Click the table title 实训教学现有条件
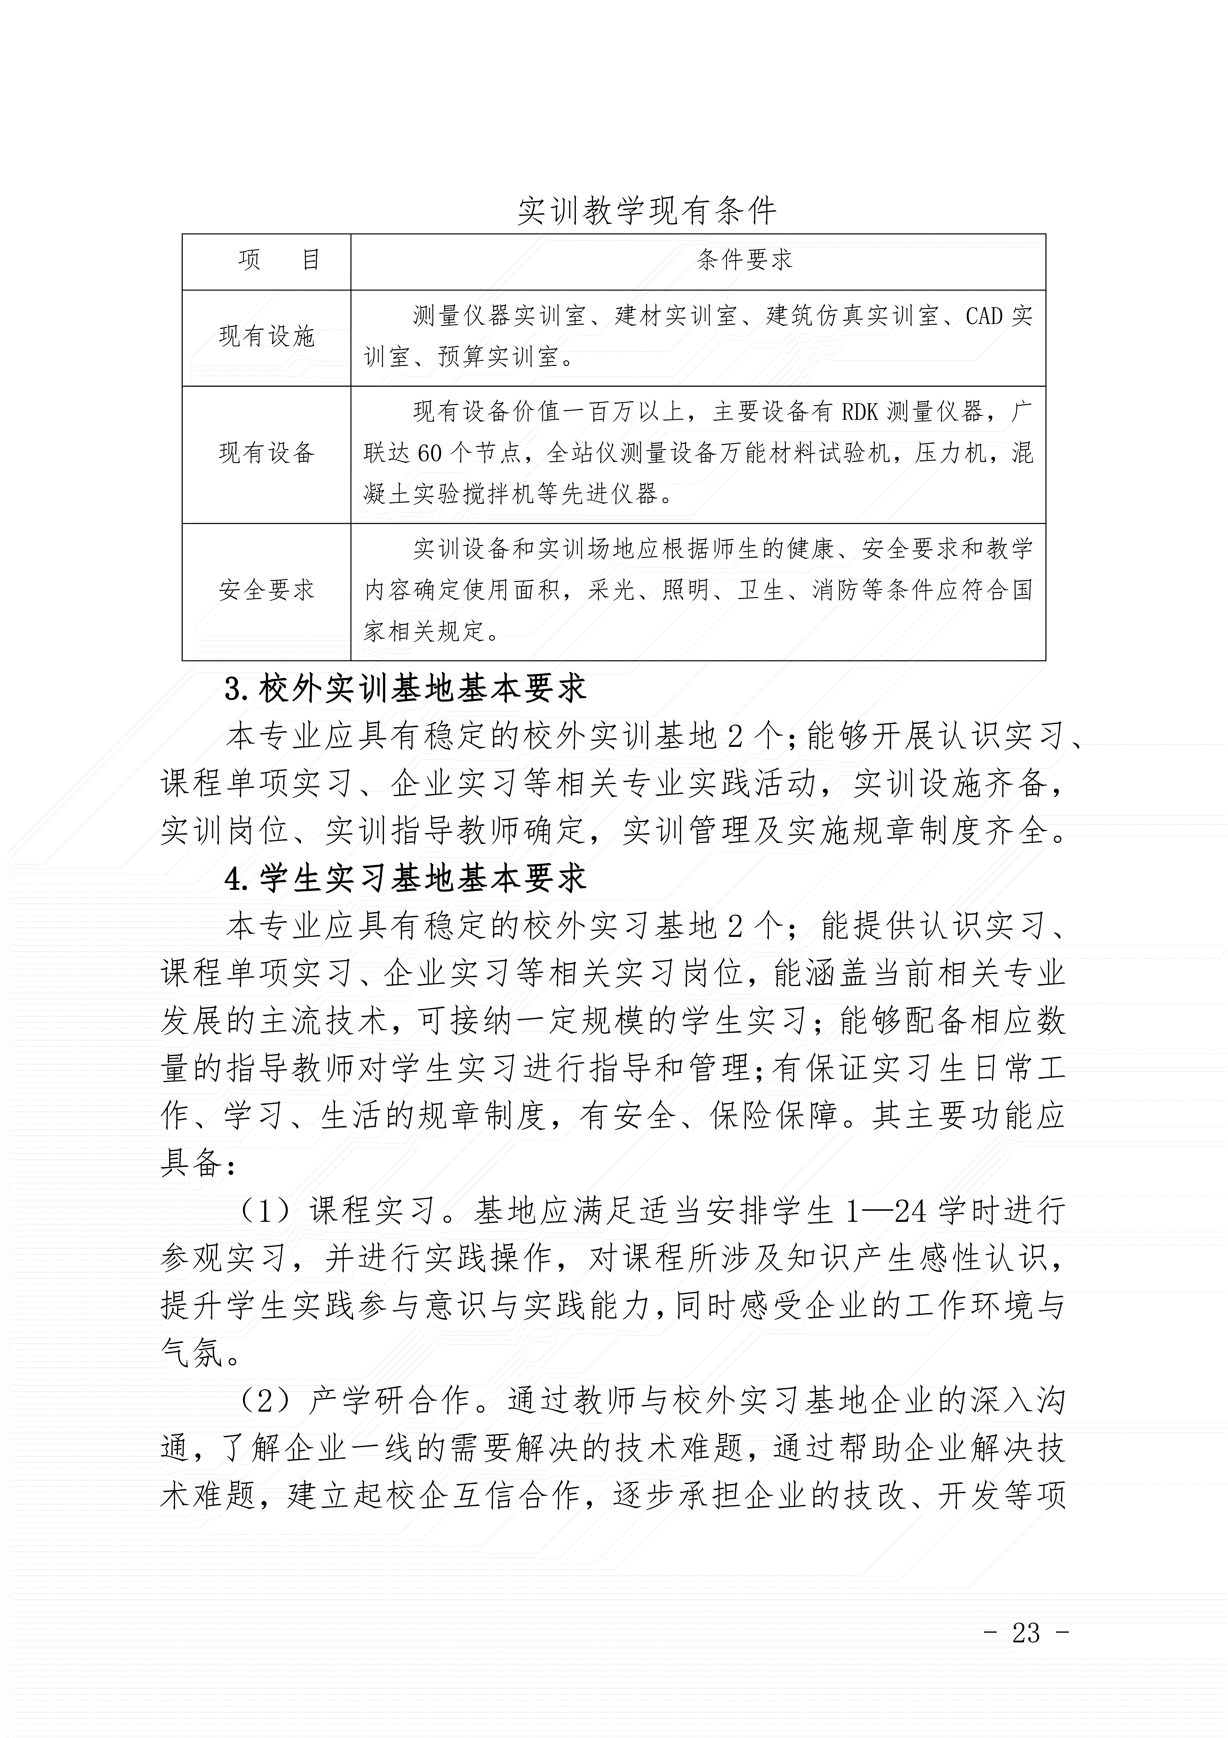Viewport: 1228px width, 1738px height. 647,211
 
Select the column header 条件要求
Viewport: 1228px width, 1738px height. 744,260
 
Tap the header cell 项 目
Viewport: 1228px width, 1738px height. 279,260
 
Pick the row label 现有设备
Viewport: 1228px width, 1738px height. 266,453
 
